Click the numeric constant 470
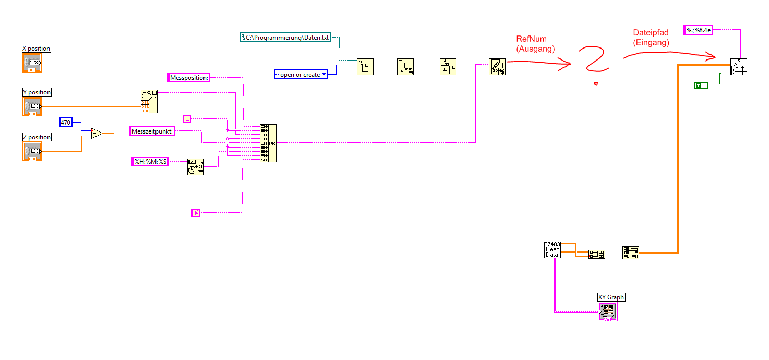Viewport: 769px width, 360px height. pyautogui.click(x=66, y=123)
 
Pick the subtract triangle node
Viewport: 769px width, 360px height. pyautogui.click(x=96, y=133)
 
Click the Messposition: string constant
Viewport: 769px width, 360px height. pyautogui.click(x=189, y=78)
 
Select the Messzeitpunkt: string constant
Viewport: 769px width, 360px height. pyautogui.click(x=152, y=131)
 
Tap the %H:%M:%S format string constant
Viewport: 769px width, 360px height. pyautogui.click(x=150, y=162)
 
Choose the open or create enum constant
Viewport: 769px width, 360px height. pyautogui.click(x=301, y=75)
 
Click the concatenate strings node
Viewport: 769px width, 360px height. pyautogui.click(x=268, y=143)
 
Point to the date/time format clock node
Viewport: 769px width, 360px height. pyautogui.click(x=196, y=167)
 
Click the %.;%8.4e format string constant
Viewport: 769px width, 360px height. pyautogui.click(x=698, y=30)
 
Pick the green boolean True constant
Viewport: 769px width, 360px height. pyautogui.click(x=701, y=85)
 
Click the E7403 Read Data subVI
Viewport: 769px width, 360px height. pyautogui.click(x=552, y=249)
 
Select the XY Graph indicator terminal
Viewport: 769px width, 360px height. pyautogui.click(x=608, y=311)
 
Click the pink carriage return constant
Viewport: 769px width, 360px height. pyautogui.click(x=196, y=212)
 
